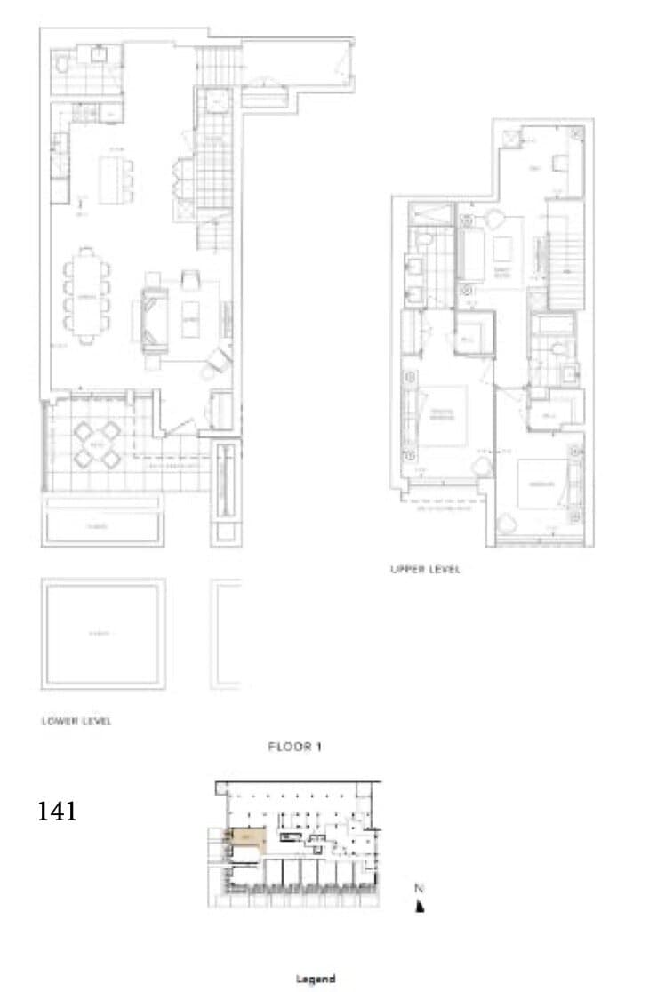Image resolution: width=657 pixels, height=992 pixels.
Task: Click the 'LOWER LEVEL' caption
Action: pyautogui.click(x=76, y=721)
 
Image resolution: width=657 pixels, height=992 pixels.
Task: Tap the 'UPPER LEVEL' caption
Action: pyautogui.click(x=425, y=570)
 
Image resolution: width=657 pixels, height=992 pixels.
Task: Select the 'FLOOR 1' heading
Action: pyautogui.click(x=294, y=748)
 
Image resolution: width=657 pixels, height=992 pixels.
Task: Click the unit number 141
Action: pyautogui.click(x=58, y=811)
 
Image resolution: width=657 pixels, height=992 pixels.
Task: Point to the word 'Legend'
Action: pyautogui.click(x=315, y=979)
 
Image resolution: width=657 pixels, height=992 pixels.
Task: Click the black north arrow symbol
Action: pyautogui.click(x=420, y=906)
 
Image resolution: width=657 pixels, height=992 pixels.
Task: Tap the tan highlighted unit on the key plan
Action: pyautogui.click(x=246, y=840)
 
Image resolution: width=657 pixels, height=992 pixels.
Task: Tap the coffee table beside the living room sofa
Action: pyautogui.click(x=190, y=317)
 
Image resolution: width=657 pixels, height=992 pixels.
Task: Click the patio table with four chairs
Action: pyautogui.click(x=97, y=444)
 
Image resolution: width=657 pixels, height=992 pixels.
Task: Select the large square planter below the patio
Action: pyautogui.click(x=102, y=633)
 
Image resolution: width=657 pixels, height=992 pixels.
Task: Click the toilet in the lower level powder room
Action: pyautogui.click(x=62, y=65)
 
